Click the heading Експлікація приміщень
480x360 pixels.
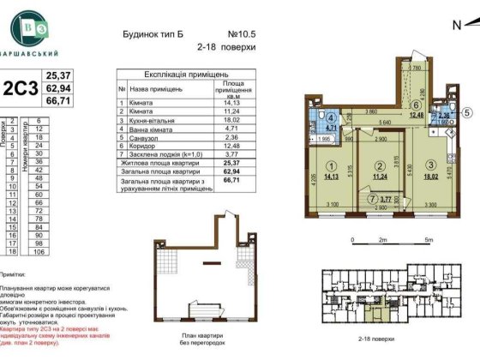(183, 75)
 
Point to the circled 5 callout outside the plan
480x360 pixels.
(466, 111)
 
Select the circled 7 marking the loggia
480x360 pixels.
(348, 199)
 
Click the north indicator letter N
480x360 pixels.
(456, 25)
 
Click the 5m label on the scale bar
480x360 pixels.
(426, 243)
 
